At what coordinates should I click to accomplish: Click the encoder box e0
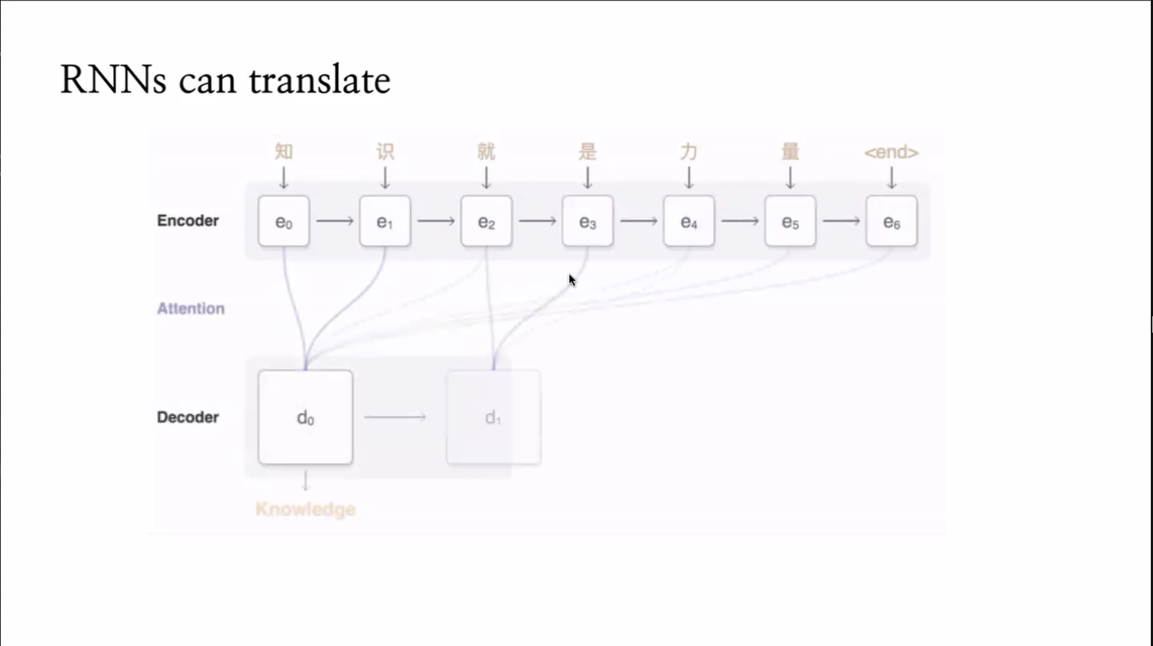283,221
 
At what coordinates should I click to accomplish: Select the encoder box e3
587,221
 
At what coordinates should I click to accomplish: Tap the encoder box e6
891,221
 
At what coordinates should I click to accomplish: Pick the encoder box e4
689,221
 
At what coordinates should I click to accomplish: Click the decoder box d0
305,417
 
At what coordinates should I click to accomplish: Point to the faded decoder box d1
493,417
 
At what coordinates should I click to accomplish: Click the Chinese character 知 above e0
284,152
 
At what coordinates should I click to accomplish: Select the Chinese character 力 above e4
689,152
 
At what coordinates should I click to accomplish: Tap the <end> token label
891,152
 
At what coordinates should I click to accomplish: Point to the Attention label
191,308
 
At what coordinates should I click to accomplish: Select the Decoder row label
188,417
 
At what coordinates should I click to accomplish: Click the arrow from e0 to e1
334,221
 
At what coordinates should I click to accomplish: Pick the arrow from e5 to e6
841,221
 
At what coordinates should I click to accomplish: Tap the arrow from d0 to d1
395,417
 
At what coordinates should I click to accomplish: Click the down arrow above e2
486,178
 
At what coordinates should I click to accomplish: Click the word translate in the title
320,81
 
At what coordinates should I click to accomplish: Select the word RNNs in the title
113,81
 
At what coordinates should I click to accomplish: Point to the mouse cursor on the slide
572,280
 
